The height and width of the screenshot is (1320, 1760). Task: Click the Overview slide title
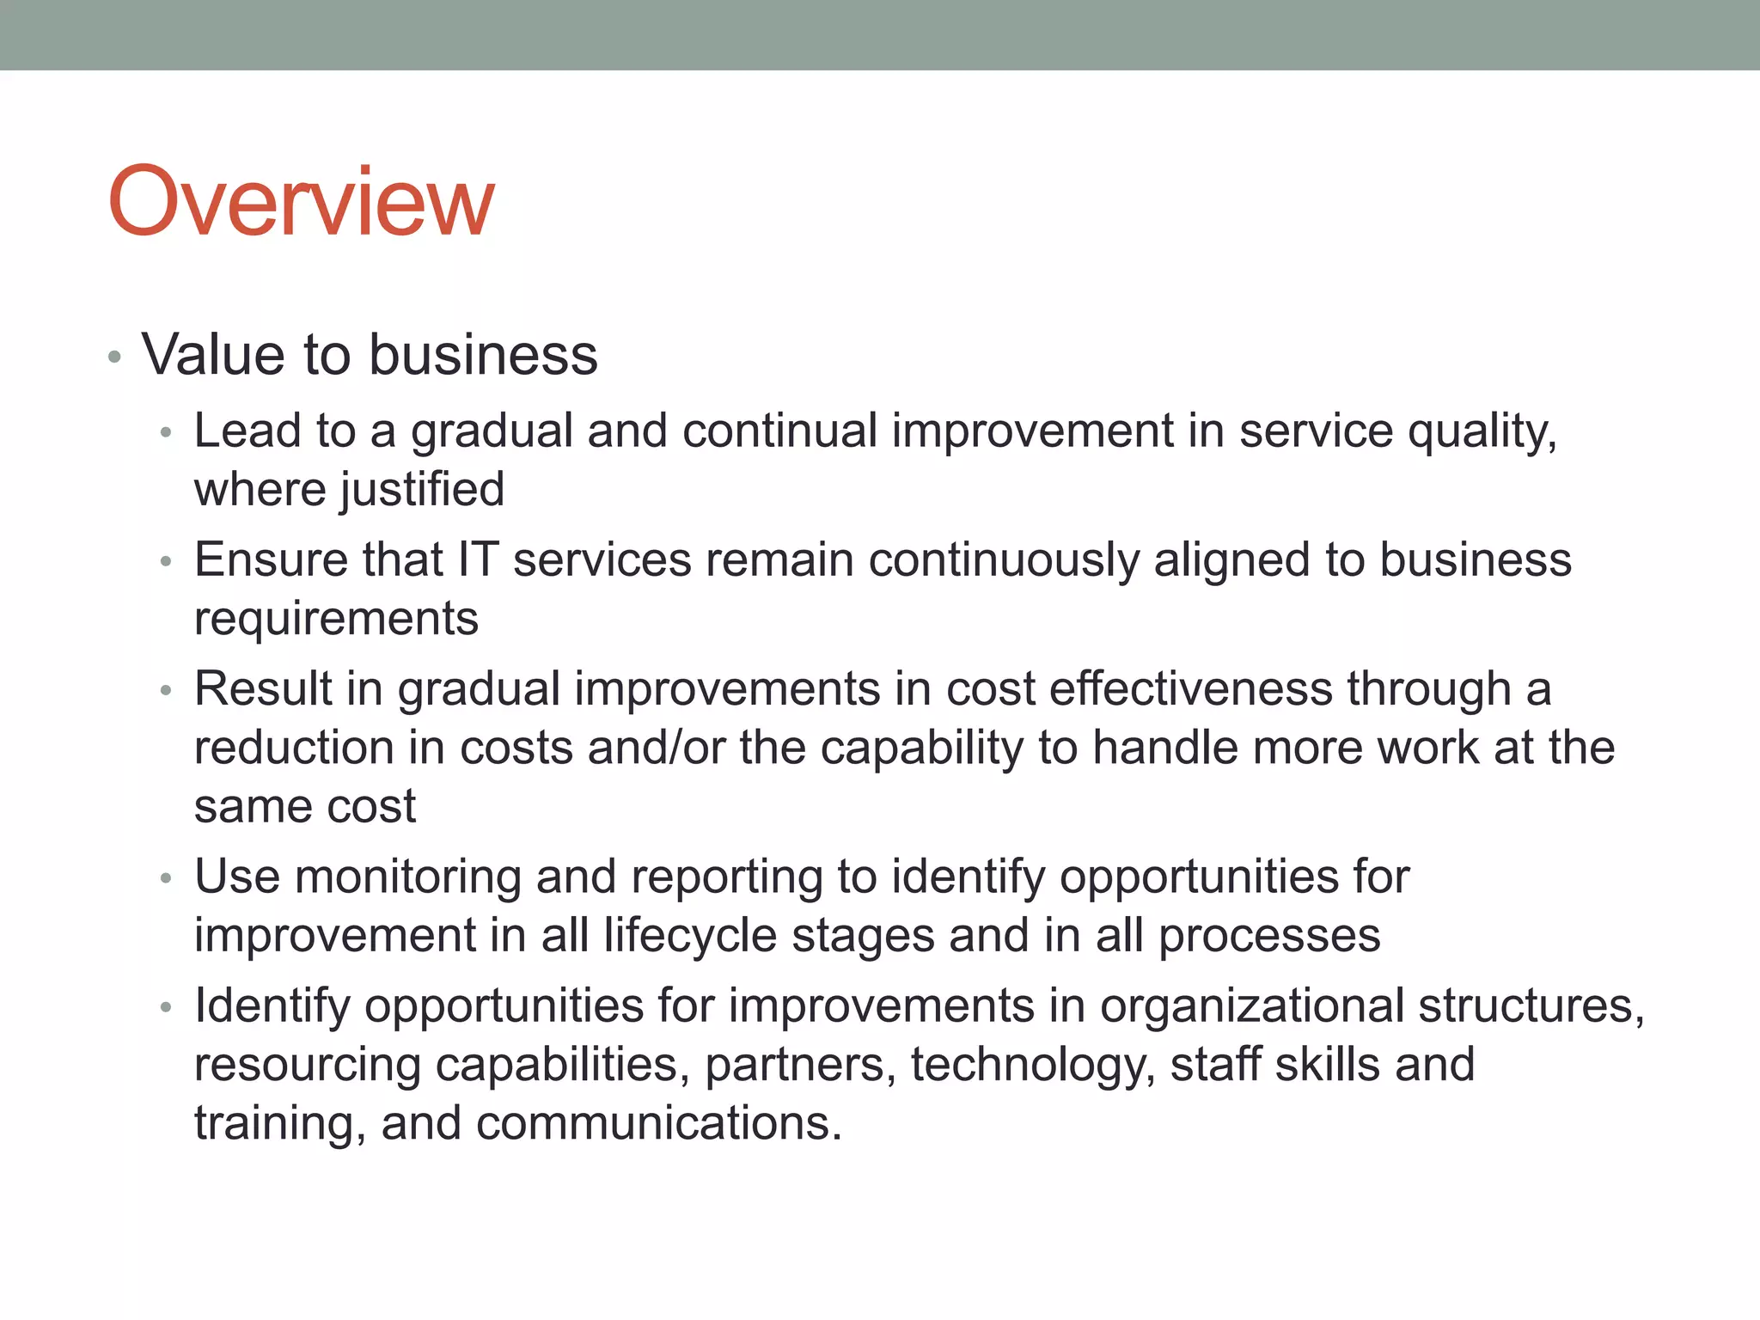301,202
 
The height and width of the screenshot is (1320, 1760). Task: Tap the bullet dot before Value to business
115,357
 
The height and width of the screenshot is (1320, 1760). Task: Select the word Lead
247,431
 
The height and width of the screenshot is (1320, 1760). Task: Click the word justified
422,491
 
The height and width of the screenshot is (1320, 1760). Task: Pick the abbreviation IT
478,559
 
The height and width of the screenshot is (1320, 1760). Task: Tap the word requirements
336,620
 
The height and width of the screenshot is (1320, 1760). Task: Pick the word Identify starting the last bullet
272,1006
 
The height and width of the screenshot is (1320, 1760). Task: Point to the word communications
658,1123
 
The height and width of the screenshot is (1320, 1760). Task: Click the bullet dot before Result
167,691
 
